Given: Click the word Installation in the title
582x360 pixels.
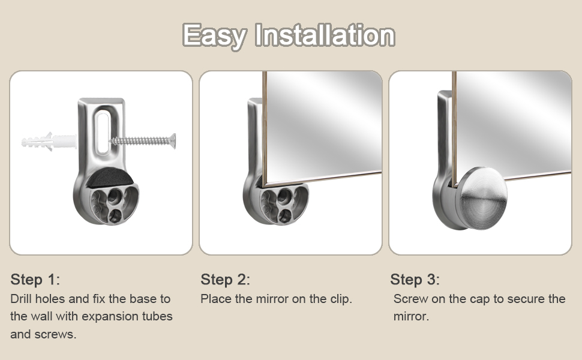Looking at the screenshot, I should click(325, 35).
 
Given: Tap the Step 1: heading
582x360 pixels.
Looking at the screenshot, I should click(35, 280).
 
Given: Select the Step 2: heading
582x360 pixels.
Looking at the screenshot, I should click(225, 280).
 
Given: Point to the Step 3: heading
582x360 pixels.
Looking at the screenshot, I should click(415, 280).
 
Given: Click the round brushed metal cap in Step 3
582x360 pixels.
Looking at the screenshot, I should click(484, 195).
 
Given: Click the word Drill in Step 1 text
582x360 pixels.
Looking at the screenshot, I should click(22, 299).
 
